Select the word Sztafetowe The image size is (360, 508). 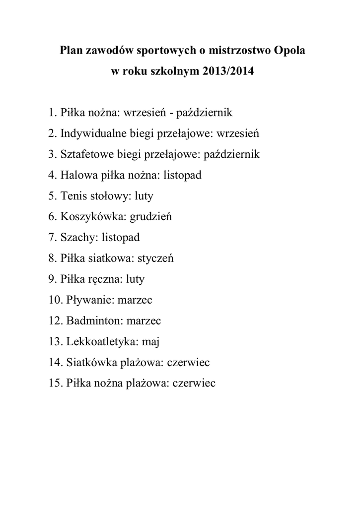pyautogui.click(x=87, y=154)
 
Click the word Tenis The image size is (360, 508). pyautogui.click(x=72, y=196)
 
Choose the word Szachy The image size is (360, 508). pyautogui.click(x=78, y=238)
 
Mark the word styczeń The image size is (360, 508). pyautogui.click(x=155, y=258)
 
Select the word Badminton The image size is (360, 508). pyautogui.click(x=94, y=321)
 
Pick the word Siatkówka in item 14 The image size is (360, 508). pyautogui.click(x=90, y=363)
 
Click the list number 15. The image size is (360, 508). pyautogui.click(x=55, y=383)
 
